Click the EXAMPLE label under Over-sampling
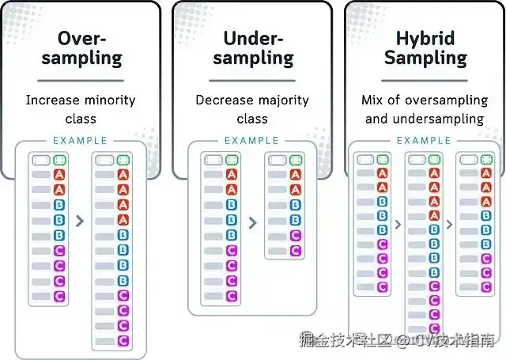(x=80, y=141)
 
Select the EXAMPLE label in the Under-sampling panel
(x=251, y=141)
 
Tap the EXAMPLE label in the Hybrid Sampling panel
(x=424, y=141)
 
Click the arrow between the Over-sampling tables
(x=80, y=222)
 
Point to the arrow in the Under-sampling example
(x=252, y=223)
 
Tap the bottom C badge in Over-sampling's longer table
(x=123, y=341)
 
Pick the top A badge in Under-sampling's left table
(x=231, y=175)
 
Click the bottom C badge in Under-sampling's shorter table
(x=295, y=250)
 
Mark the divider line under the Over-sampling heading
(x=81, y=80)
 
